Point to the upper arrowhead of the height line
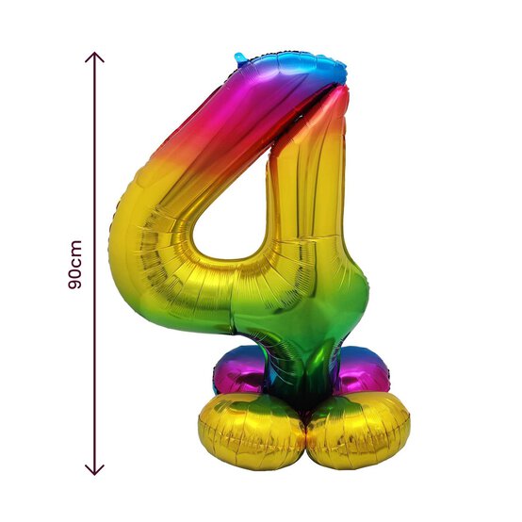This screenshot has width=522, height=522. point(94,57)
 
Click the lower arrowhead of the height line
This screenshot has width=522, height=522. point(94,470)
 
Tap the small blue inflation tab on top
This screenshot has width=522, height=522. point(241,57)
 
